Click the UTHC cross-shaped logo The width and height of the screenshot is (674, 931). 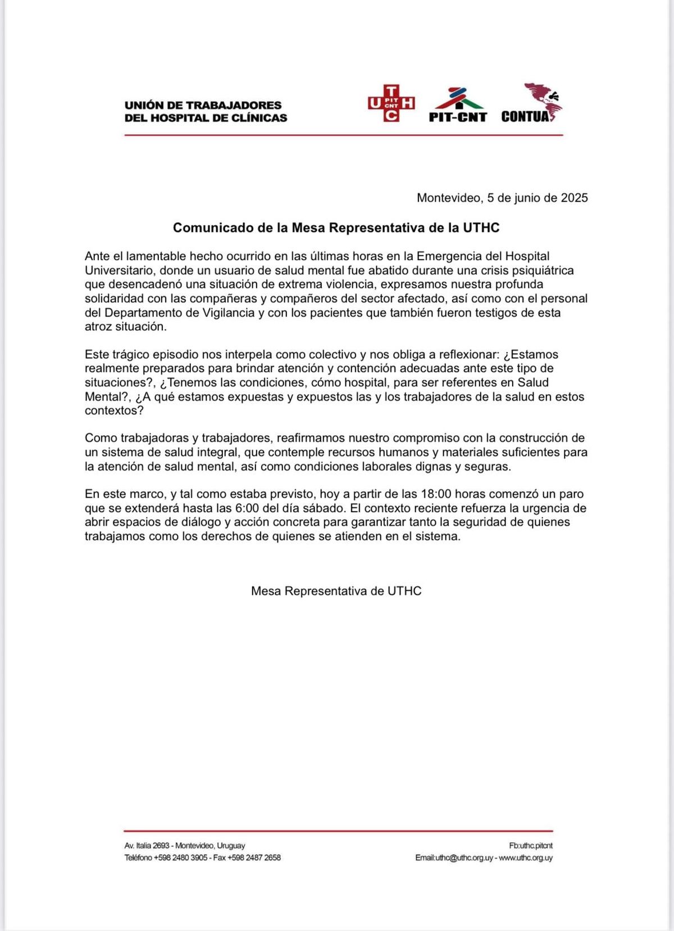coord(391,103)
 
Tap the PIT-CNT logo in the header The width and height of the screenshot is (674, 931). coord(458,105)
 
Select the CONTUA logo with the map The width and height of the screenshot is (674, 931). coord(531,103)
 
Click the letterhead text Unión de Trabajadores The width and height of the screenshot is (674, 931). coord(203,105)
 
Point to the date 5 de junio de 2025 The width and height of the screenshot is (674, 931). coord(538,198)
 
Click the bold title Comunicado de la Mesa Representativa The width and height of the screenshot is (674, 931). coord(336,227)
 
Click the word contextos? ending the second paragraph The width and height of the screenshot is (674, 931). coord(114,410)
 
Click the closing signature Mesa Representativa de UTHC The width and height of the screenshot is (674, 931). coord(336,591)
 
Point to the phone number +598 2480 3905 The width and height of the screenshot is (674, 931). coord(181,858)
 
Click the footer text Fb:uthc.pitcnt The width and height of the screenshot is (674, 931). coord(531,846)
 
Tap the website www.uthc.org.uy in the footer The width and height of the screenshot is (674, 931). coord(526,858)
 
